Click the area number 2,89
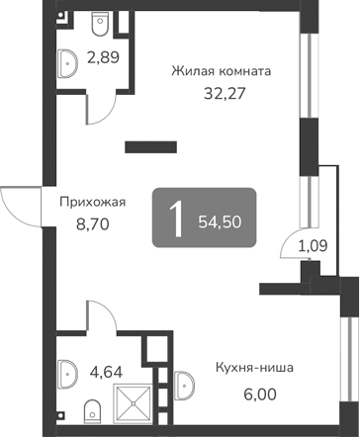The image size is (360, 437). point(103,56)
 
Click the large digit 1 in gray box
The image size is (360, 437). point(177,218)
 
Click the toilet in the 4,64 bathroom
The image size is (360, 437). point(91,409)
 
